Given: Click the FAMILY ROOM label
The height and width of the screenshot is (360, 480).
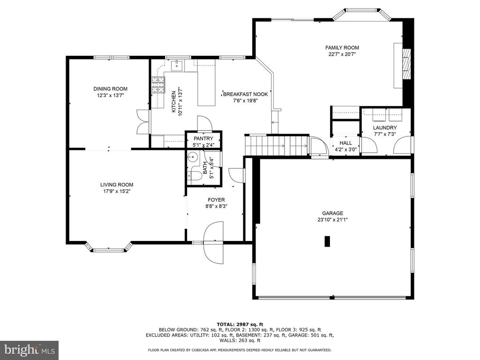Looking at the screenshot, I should click(x=342, y=48).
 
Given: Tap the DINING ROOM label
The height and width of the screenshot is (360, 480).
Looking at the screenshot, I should click(x=110, y=89).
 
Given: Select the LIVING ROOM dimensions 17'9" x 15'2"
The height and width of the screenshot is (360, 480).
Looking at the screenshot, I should click(x=117, y=191).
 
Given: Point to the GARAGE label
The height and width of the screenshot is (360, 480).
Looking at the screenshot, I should click(x=332, y=213).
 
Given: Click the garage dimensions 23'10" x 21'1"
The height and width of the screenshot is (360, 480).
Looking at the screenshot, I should click(x=332, y=219).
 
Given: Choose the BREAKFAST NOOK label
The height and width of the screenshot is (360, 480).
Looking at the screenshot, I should click(x=245, y=94).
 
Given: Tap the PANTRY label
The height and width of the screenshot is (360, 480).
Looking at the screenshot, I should click(x=203, y=138).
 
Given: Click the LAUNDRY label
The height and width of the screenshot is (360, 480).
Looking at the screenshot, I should click(x=385, y=127).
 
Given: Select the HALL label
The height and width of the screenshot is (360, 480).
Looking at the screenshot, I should click(x=345, y=143).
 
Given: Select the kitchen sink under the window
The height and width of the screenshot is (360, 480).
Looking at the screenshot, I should click(x=177, y=66).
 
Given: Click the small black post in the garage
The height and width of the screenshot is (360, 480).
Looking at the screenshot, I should click(x=327, y=241).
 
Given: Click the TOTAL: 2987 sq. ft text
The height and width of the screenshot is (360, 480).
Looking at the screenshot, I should click(x=240, y=324).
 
